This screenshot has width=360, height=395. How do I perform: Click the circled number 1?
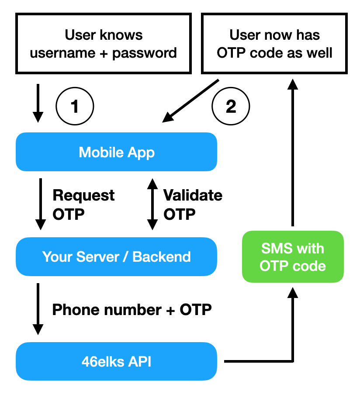75,106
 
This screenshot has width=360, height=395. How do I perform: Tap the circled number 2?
230,106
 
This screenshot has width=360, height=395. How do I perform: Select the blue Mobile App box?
116,152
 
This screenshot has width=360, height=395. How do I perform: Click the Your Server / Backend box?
116,256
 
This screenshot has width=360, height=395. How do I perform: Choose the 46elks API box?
116,362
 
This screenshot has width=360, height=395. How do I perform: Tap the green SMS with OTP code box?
293,256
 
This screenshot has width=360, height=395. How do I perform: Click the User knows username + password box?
104,44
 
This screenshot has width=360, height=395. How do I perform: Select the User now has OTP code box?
274,44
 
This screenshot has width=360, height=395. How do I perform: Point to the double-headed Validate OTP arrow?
152,204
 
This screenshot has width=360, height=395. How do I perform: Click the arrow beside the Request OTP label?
40,204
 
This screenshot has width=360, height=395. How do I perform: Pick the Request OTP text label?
83,204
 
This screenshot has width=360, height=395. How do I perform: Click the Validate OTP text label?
192,204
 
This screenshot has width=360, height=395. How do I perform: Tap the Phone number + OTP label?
132,310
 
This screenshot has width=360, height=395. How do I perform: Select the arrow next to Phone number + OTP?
38,309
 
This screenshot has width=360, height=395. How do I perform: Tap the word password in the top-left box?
145,53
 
